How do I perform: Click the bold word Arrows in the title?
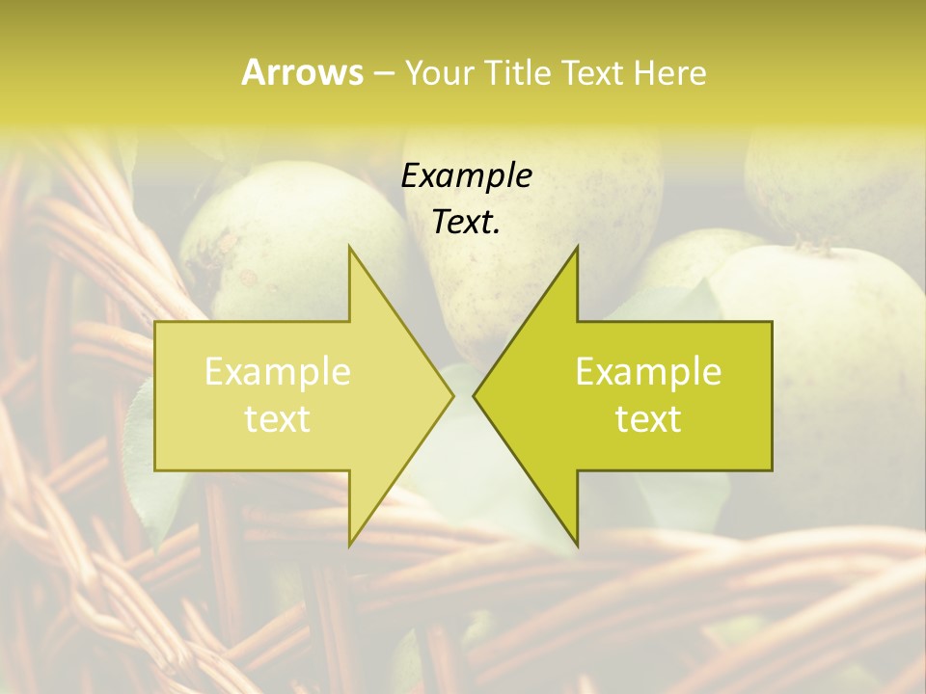click(302, 72)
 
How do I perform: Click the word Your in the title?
click(440, 73)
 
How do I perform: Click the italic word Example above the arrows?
click(467, 176)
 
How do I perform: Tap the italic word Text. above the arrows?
click(467, 223)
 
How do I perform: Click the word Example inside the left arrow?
click(278, 372)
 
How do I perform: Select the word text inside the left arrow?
click(278, 419)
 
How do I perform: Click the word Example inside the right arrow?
click(648, 372)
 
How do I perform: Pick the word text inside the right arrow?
click(648, 419)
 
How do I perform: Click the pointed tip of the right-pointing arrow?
click(453, 395)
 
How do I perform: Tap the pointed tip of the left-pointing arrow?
click(474, 395)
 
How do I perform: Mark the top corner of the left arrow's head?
click(349, 247)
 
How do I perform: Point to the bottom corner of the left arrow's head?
click(349, 546)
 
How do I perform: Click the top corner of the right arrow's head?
click(577, 247)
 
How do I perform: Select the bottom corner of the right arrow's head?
click(577, 546)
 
